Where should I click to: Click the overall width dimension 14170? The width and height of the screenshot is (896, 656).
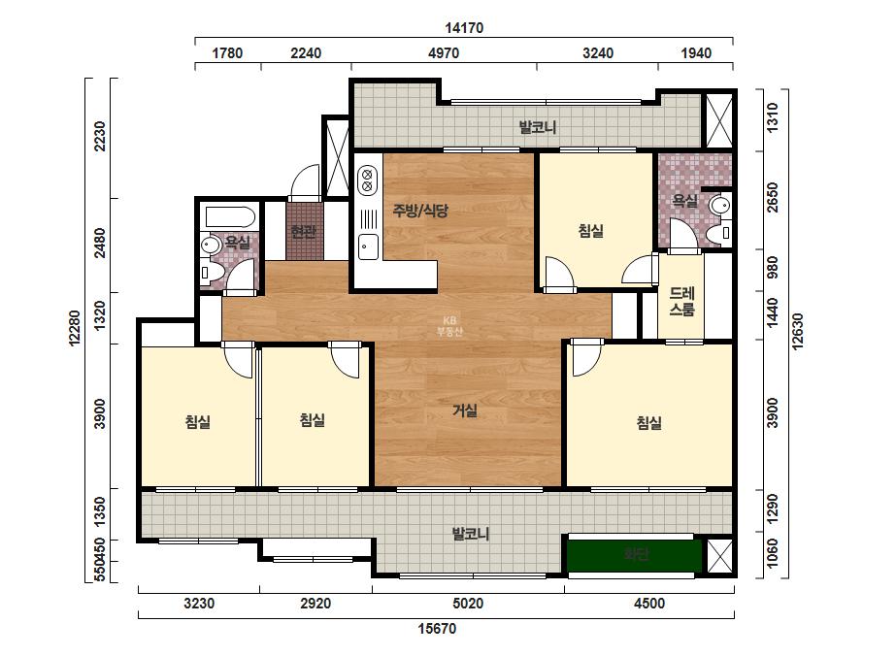tap(464, 27)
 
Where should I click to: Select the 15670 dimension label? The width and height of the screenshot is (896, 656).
tap(437, 629)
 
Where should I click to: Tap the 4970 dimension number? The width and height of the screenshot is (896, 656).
tap(444, 53)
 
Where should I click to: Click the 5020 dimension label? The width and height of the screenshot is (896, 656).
tap(468, 604)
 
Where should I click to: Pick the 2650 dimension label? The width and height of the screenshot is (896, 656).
tap(772, 198)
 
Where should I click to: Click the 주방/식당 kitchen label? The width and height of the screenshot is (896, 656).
tap(420, 211)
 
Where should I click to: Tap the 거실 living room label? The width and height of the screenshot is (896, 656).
tap(465, 410)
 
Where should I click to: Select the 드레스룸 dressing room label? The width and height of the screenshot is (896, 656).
tap(681, 302)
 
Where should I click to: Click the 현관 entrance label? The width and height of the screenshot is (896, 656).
tap(304, 232)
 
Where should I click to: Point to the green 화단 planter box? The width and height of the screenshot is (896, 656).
tap(634, 554)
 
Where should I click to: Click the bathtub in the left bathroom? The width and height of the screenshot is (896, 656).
tap(230, 217)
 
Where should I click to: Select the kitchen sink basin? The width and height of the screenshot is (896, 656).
tap(368, 247)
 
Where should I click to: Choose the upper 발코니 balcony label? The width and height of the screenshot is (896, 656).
tap(537, 127)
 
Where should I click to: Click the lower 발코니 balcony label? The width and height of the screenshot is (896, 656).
tap(470, 535)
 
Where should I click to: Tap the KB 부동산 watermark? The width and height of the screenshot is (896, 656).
tap(449, 326)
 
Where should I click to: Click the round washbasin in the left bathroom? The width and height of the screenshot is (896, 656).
tap(211, 246)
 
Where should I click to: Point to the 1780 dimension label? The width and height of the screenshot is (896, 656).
tap(227, 53)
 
